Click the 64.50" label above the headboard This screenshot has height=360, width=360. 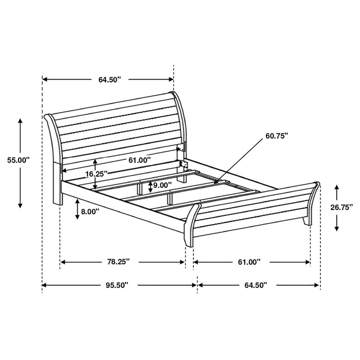(x=109, y=80)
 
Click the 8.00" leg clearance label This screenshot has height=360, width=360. (x=90, y=211)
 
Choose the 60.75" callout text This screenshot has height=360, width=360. (x=277, y=136)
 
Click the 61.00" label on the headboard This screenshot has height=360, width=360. (x=139, y=160)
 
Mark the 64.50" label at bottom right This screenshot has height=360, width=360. (x=256, y=284)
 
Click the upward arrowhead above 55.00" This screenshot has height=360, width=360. (x=21, y=119)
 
